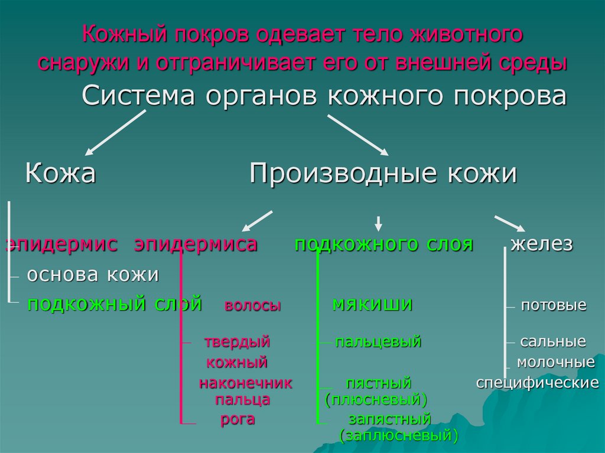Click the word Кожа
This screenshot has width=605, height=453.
[x=60, y=174]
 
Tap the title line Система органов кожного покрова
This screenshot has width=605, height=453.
[x=324, y=96]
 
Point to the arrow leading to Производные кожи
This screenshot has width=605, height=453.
[x=358, y=134]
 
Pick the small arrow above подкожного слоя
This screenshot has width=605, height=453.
[x=379, y=223]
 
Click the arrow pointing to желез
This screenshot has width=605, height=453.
[x=509, y=223]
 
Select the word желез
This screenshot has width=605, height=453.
[x=542, y=245]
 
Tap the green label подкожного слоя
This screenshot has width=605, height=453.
[x=383, y=245]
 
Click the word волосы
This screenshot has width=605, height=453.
[x=252, y=306]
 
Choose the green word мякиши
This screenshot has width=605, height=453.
[x=372, y=304]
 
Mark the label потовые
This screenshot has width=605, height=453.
[x=553, y=305]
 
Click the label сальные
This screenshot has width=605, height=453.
[x=553, y=341]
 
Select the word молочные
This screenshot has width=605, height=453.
[x=555, y=361]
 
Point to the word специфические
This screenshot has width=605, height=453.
[x=538, y=383]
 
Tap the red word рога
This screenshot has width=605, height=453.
[x=238, y=419]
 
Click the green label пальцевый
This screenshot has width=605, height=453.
[x=378, y=341]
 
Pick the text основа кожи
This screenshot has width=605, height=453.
[x=93, y=275]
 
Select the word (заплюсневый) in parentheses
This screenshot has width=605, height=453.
[x=399, y=436]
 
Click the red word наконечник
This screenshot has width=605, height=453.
[x=245, y=383]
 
